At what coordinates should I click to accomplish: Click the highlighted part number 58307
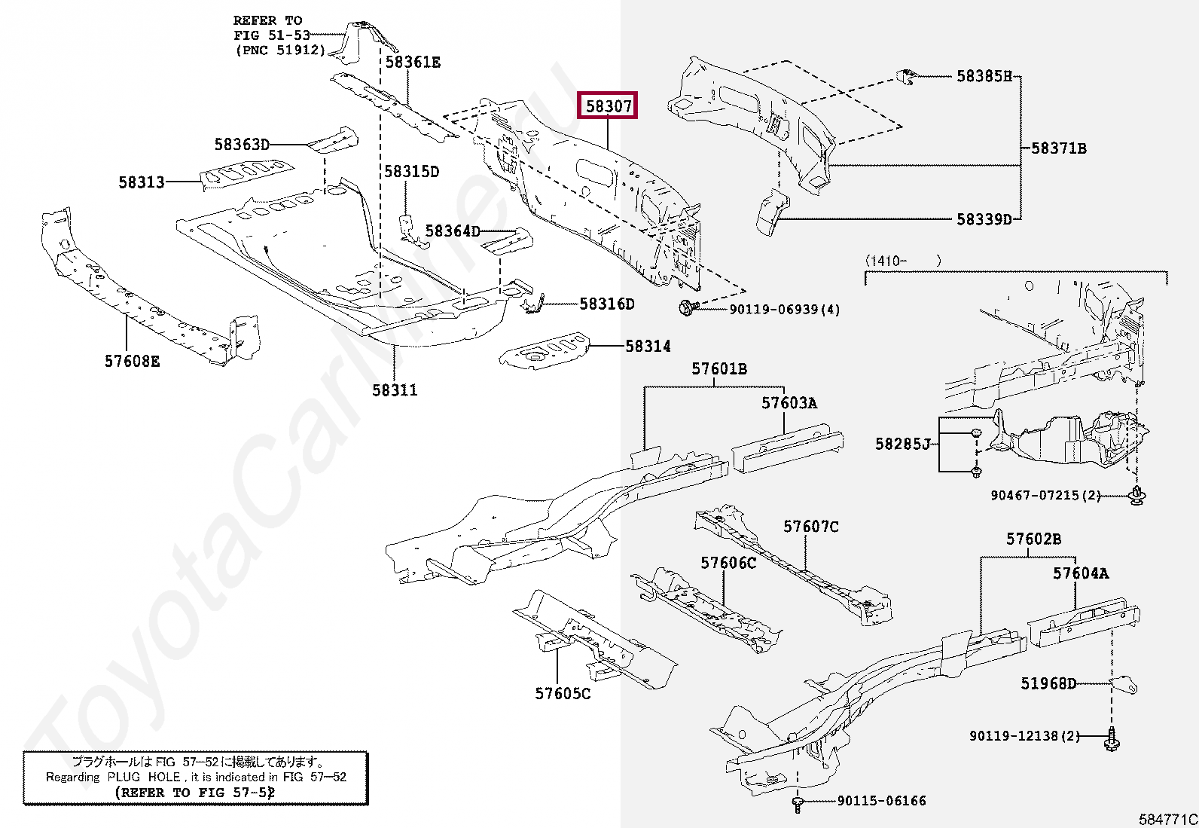click(x=607, y=106)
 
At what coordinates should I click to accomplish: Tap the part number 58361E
click(x=413, y=63)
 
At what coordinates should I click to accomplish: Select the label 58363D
click(x=242, y=144)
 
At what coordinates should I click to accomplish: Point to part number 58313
click(x=142, y=182)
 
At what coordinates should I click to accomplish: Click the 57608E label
click(x=133, y=362)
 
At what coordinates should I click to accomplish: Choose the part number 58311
click(x=395, y=390)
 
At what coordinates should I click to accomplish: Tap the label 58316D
click(x=607, y=304)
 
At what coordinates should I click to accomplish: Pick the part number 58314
click(x=648, y=347)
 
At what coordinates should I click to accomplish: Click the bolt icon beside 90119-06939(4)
click(x=687, y=307)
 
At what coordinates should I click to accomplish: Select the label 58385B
click(x=984, y=76)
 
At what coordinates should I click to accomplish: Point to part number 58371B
click(x=1059, y=148)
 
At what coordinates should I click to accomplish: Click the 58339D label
click(x=984, y=219)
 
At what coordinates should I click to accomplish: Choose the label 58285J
click(x=903, y=445)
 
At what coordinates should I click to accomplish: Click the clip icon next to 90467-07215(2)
click(x=1136, y=496)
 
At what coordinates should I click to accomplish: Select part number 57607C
click(x=810, y=527)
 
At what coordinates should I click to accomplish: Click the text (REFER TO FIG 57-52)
click(x=195, y=793)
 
